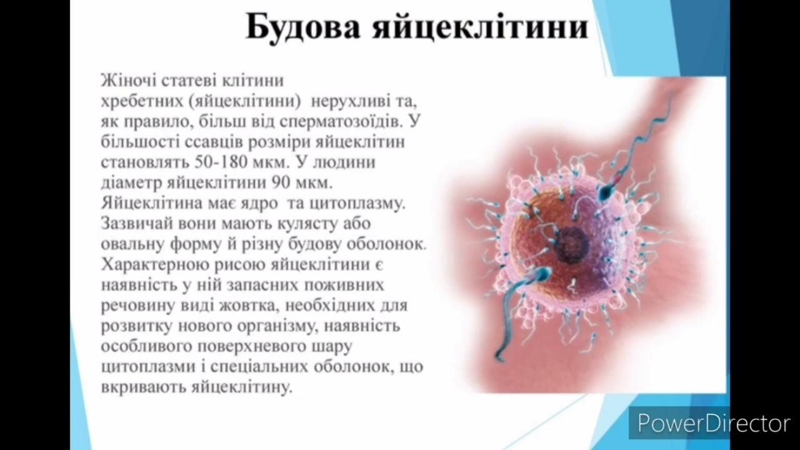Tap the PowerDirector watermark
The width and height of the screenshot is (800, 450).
pyautogui.click(x=713, y=424)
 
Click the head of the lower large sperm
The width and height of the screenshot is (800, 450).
pyautogui.click(x=541, y=275)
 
